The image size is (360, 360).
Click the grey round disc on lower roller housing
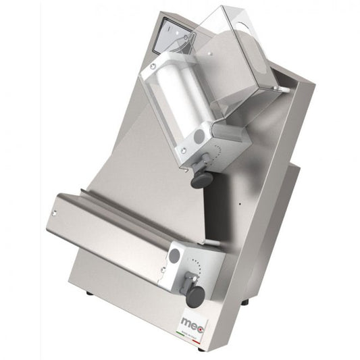tap(176, 255)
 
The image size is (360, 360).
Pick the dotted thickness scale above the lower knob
tap(195, 263)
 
